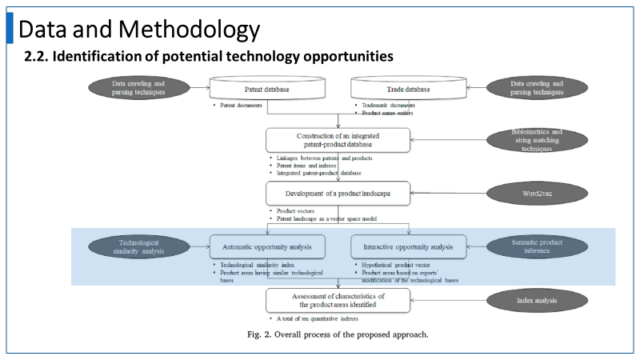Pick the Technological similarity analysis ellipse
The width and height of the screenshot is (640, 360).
click(127, 246)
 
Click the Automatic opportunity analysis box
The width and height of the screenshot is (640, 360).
click(266, 246)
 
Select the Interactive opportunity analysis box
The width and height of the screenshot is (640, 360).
click(409, 246)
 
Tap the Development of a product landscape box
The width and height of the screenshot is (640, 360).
click(338, 193)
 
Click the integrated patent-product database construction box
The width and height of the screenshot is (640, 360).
click(338, 139)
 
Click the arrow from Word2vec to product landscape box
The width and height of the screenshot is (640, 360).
click(451, 193)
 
